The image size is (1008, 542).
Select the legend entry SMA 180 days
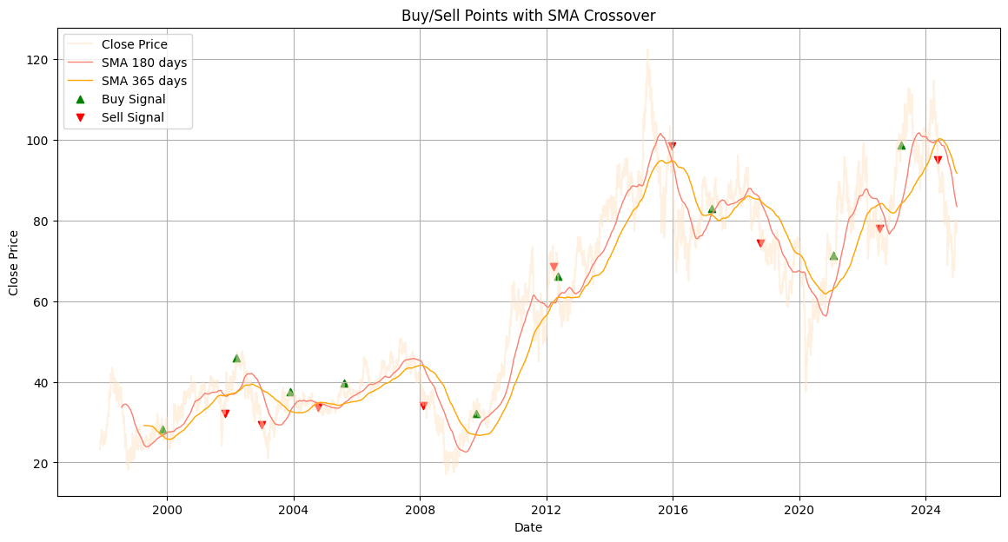(143, 63)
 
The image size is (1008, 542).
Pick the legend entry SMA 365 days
(143, 81)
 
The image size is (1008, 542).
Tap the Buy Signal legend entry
(133, 99)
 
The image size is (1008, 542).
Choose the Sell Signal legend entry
(132, 117)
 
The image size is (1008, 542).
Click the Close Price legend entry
(134, 44)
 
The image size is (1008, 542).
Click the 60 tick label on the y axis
(45, 302)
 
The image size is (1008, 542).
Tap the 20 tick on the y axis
(45, 463)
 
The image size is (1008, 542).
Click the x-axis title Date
(528, 527)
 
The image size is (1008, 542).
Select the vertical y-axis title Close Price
(15, 262)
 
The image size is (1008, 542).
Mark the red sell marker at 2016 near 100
(672, 146)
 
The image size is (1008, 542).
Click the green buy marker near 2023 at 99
(901, 145)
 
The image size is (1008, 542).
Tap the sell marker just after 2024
(938, 160)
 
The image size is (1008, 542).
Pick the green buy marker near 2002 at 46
(236, 358)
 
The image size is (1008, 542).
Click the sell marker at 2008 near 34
(423, 406)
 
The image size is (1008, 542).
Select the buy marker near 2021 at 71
(833, 255)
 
